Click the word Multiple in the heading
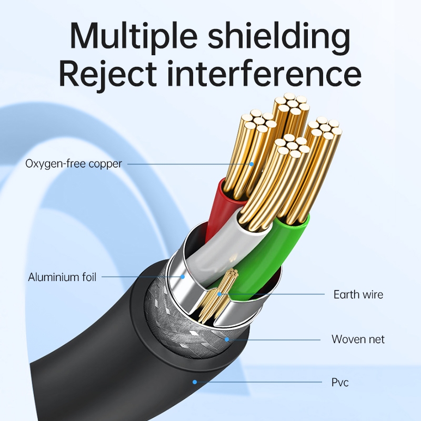tap(134, 35)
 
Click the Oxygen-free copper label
tap(74, 164)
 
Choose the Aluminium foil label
tap(62, 277)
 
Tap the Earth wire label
tap(358, 295)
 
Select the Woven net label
tap(358, 339)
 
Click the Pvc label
tap(340, 382)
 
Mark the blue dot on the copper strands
tap(252, 164)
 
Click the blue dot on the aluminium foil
tap(183, 277)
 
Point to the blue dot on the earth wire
tap(219, 294)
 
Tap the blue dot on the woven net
tap(227, 339)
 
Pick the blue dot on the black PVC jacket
tap(195, 382)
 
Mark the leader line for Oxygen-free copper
tap(188, 164)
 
